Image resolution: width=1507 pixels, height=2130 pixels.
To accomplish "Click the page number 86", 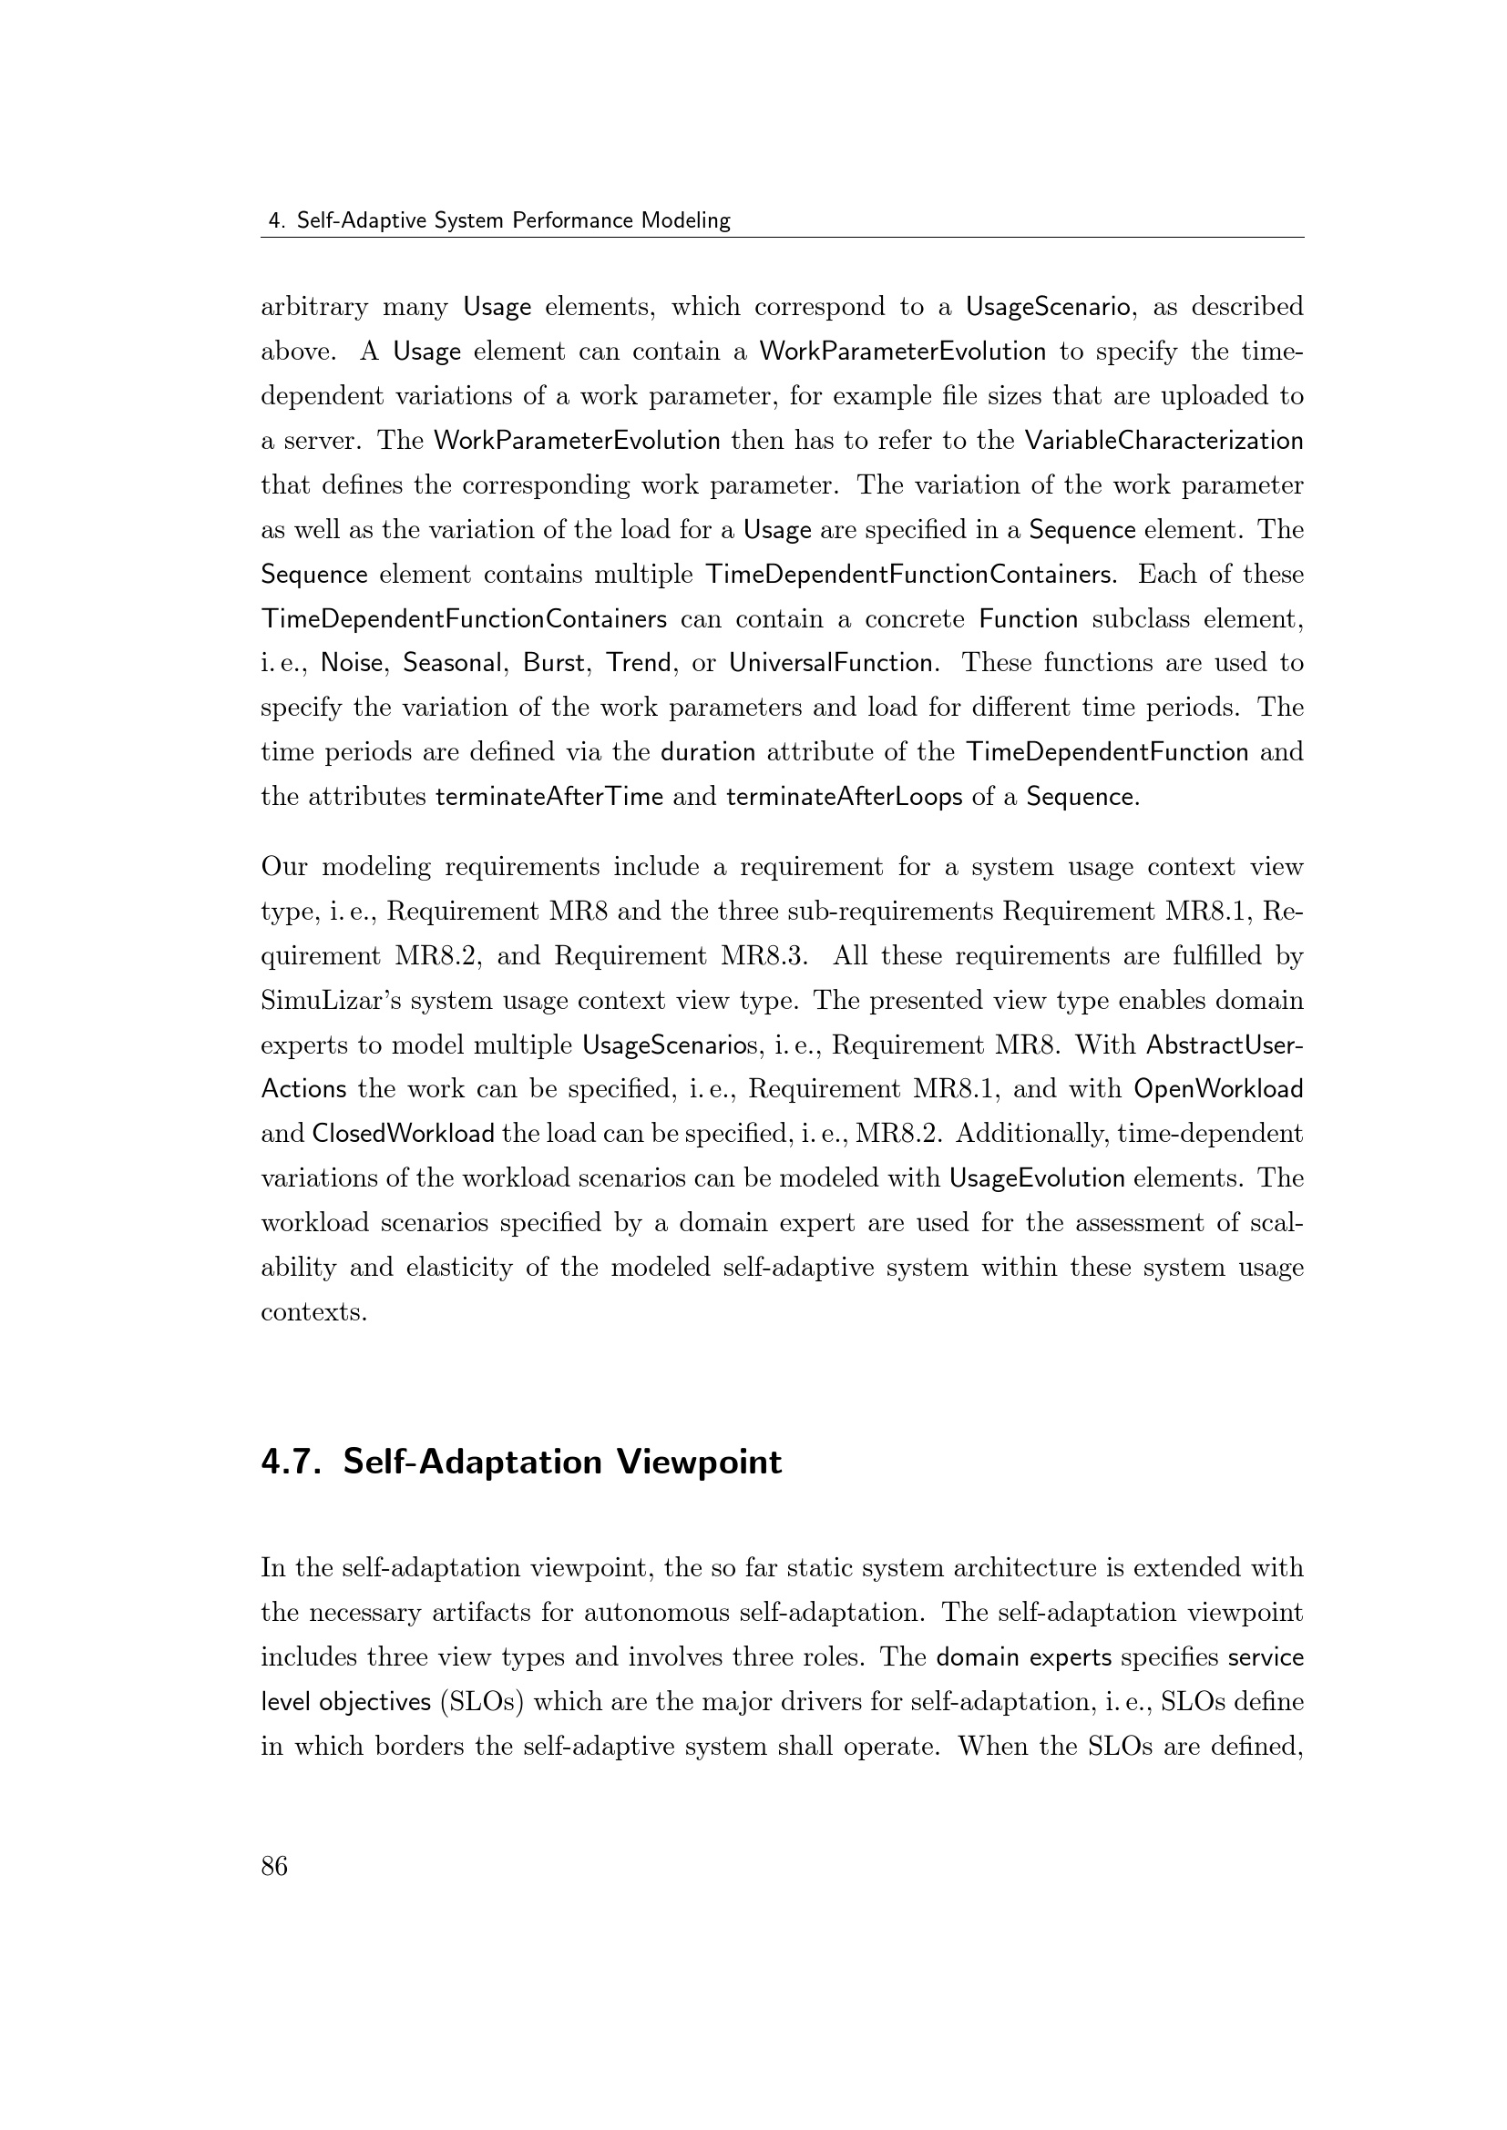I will coord(274,1866).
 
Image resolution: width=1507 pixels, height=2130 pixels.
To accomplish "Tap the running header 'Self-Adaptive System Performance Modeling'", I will coord(513,220).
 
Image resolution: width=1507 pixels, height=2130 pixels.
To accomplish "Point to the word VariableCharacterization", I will coord(1164,441).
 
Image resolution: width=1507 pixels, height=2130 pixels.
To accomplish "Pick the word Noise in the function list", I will coord(346,663).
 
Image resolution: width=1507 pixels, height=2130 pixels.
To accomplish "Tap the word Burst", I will coord(554,663).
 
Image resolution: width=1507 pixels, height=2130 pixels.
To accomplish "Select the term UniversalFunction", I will coord(831,663).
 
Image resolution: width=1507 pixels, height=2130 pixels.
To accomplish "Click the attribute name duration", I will coord(708,752).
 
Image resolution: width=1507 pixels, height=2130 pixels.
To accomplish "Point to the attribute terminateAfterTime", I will coord(549,797).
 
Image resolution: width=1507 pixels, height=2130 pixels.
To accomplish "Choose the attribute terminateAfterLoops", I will coord(844,797).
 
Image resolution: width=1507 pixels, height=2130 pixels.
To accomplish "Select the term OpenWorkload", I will coord(1218,1089).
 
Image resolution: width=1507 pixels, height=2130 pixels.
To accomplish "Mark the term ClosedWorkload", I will coord(403,1134).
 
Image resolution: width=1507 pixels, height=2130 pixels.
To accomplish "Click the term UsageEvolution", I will coord(1037,1178).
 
